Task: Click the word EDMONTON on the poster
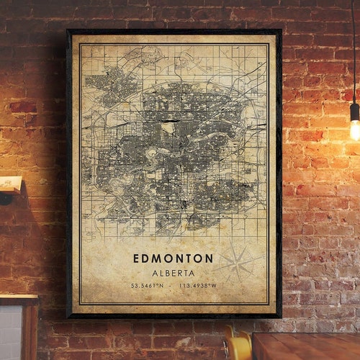(x=173, y=258)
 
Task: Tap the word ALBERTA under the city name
(x=173, y=273)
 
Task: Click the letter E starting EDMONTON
(x=136, y=258)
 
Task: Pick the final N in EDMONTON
(x=209, y=258)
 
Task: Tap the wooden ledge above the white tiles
(x=18, y=298)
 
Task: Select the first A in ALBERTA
(x=154, y=273)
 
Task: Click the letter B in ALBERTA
(x=167, y=273)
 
